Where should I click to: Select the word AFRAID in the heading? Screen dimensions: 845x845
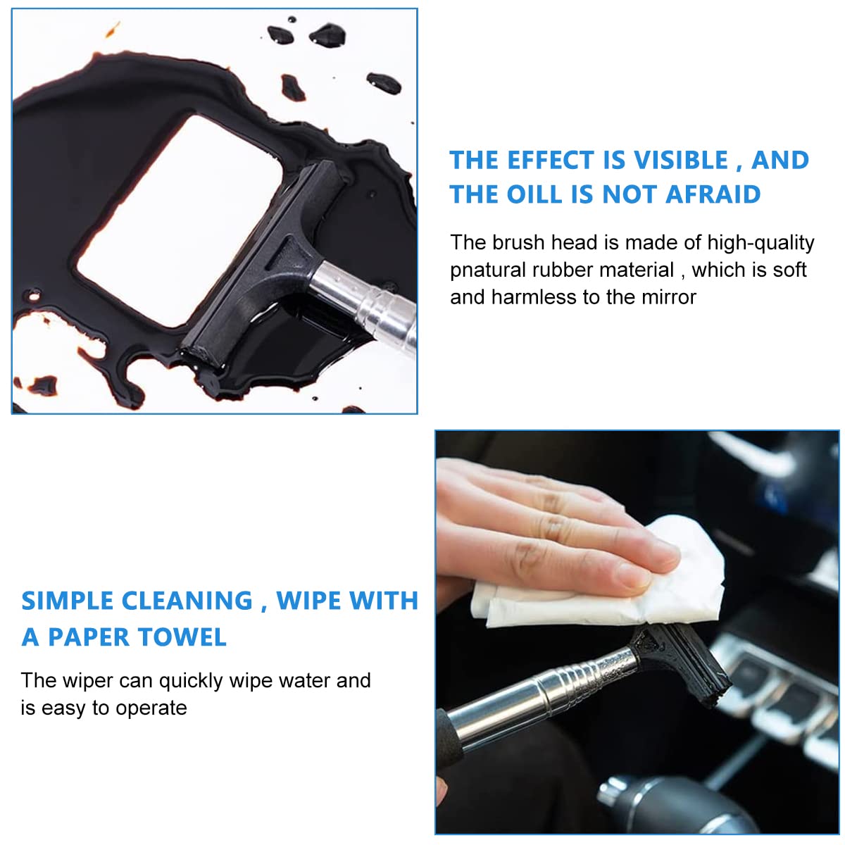pos(713,194)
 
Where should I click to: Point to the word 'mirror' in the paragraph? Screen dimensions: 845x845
pos(668,297)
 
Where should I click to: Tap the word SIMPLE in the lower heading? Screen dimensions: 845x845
pos(67,601)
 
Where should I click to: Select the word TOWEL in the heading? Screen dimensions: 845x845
pos(182,637)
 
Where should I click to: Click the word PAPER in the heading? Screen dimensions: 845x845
pos(88,637)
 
